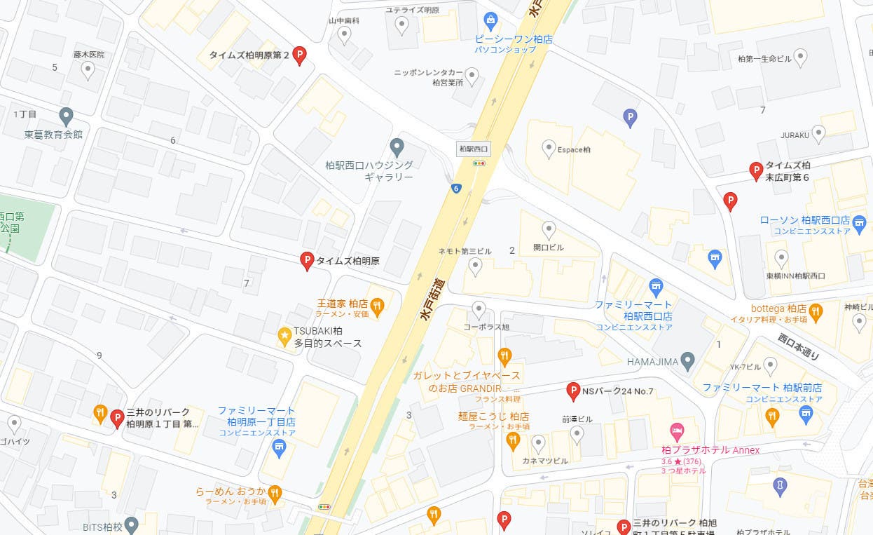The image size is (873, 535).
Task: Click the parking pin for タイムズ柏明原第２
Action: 300,55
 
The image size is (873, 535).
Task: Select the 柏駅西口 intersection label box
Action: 473,149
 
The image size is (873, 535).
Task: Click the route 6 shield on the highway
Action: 456,188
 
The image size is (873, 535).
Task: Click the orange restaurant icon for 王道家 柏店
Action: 378,305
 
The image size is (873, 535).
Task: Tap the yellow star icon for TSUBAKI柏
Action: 284,337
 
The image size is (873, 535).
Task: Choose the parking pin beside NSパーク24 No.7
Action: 572,391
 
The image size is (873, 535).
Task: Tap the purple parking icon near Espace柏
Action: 630,118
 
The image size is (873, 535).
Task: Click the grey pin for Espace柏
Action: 549,147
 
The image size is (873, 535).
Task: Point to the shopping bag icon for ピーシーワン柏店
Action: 491,20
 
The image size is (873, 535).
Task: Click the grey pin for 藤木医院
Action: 88,69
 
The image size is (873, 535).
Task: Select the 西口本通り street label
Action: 799,346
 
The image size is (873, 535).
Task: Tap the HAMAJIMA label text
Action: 653,362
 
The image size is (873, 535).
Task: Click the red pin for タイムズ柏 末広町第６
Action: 756,170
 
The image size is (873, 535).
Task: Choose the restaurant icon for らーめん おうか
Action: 275,492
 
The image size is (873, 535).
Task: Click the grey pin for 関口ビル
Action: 549,229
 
